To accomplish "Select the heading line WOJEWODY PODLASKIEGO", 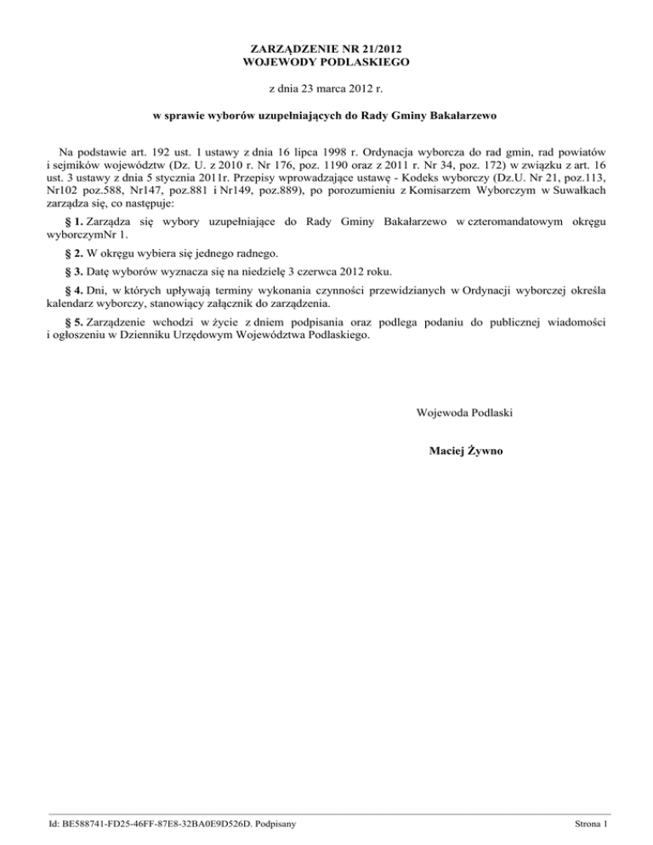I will click(x=326, y=62).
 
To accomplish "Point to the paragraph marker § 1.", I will click(x=72, y=222).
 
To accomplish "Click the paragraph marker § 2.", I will click(x=72, y=253).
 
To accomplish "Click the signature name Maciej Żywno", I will click(x=467, y=451).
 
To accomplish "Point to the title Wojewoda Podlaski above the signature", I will click(x=464, y=413).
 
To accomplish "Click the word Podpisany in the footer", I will click(x=270, y=824).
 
